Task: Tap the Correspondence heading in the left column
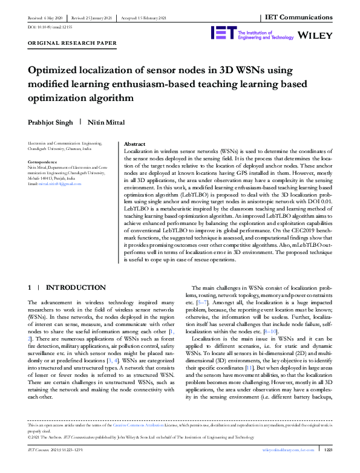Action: [x=44, y=162]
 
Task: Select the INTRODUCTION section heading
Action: [x=76, y=287]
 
